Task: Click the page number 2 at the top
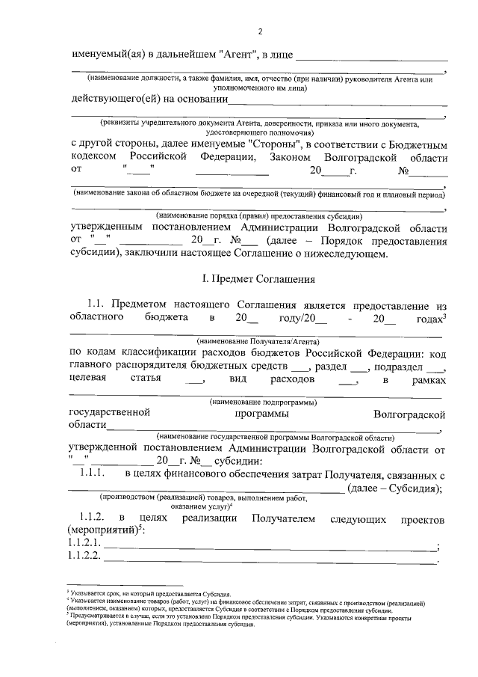260,31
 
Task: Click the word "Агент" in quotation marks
238,56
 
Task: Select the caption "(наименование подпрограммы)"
258,402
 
